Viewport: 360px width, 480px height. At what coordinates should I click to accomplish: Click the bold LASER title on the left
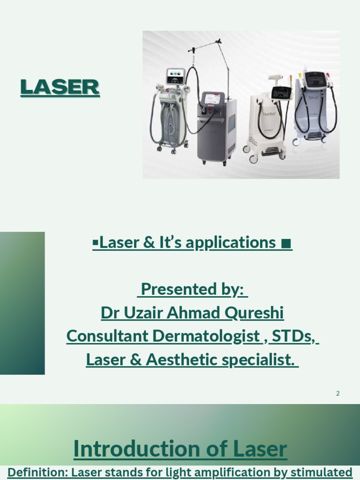[60, 88]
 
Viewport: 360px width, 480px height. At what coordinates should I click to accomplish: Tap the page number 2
[337, 393]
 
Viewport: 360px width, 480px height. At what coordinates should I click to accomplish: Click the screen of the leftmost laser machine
[176, 75]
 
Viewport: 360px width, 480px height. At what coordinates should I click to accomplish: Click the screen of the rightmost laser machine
[315, 79]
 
